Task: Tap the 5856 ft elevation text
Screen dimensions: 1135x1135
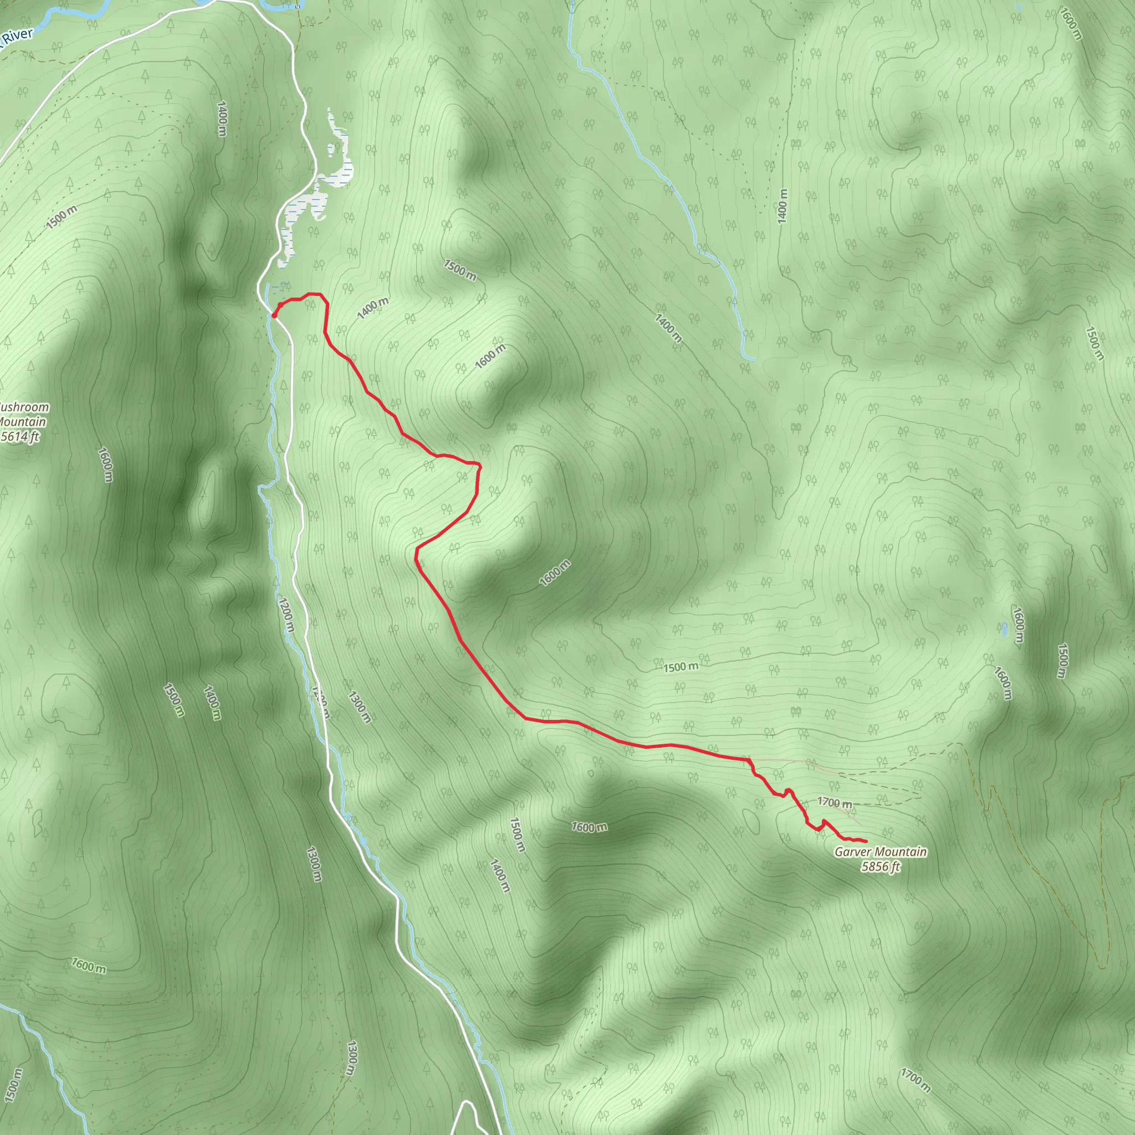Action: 881,867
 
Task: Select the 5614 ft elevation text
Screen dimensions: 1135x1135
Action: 20,436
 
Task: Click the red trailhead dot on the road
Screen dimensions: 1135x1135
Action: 274,315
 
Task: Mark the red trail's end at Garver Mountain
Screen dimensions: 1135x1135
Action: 866,842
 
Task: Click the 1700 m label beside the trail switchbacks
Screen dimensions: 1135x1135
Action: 834,802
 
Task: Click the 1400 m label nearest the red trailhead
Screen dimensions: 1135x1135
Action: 372,308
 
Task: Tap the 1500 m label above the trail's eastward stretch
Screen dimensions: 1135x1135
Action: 681,667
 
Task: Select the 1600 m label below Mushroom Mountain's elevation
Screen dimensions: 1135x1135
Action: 105,464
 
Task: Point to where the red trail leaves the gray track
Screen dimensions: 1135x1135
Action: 750,760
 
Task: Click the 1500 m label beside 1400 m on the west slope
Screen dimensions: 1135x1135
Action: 175,701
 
